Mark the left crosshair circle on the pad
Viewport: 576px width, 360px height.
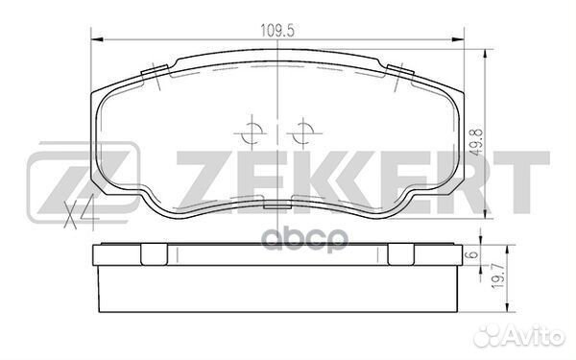pyautogui.click(x=252, y=131)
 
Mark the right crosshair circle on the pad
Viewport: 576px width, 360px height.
pyautogui.click(x=302, y=131)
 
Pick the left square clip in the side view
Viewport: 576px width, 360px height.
pyautogui.click(x=152, y=255)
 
